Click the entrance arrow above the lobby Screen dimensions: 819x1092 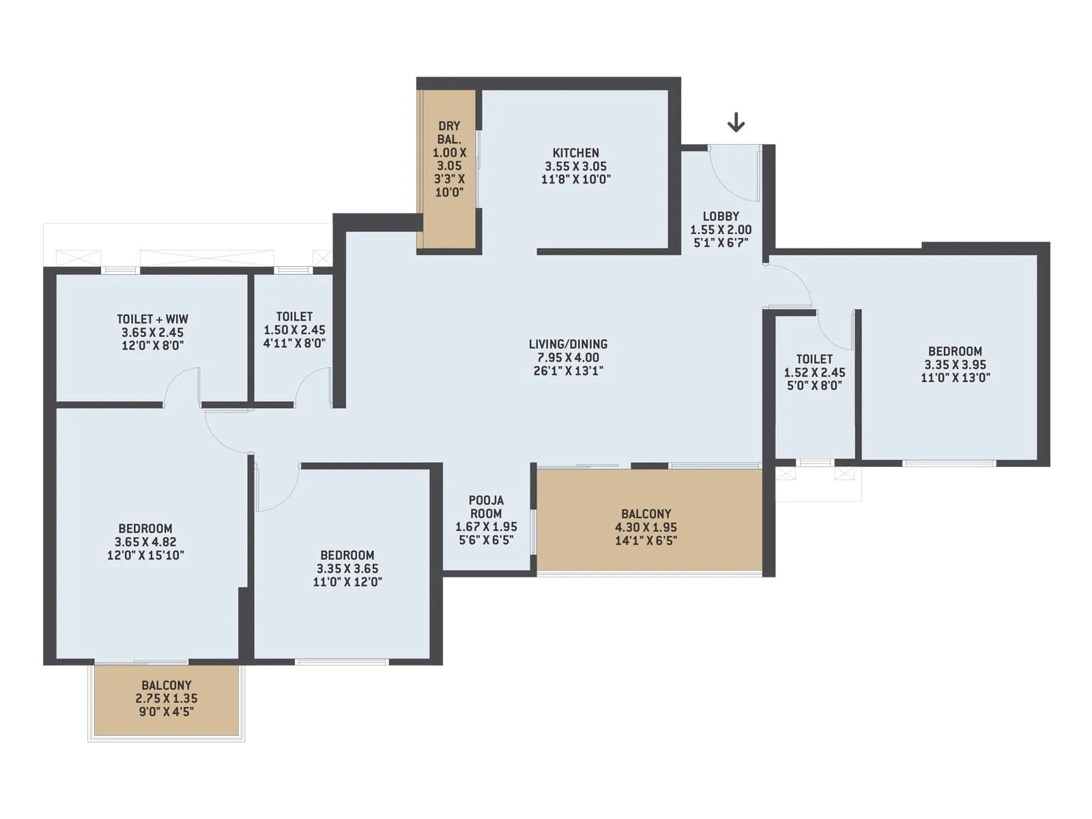pos(736,122)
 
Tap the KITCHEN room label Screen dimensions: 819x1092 pos(575,153)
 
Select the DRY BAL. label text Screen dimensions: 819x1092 pos(448,132)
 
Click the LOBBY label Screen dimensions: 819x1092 pos(721,216)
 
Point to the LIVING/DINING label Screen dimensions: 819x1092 pos(568,344)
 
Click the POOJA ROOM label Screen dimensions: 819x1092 pos(486,507)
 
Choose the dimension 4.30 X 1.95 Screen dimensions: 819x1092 pos(646,527)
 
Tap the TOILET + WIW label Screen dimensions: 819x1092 pos(152,319)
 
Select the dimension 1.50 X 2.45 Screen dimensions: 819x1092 pos(294,330)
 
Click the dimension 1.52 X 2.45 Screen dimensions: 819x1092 pos(814,373)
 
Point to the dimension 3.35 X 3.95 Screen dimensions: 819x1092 pos(955,364)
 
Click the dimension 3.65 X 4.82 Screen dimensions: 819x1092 pos(145,542)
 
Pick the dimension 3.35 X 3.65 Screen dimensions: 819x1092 pos(347,569)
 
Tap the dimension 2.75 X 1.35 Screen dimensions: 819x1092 pos(166,698)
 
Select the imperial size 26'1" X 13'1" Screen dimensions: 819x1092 pos(568,371)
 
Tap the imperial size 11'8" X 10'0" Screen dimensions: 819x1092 pos(575,179)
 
